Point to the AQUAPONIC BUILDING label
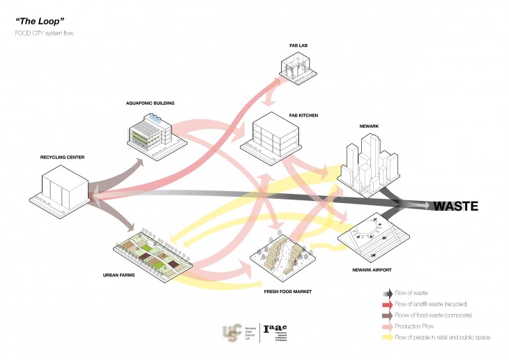click(150, 103)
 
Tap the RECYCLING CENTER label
click(63, 157)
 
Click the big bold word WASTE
click(455, 206)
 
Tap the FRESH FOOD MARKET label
click(287, 291)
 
